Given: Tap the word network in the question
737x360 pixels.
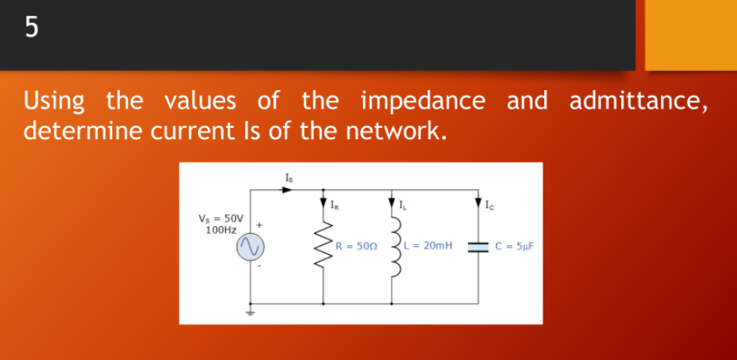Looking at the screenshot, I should [394, 132].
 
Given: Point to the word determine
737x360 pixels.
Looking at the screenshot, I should [81, 132].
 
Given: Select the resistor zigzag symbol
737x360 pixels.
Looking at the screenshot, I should [324, 247].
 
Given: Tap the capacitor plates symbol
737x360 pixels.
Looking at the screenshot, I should [478, 247].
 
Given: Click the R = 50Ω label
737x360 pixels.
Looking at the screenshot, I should [356, 247].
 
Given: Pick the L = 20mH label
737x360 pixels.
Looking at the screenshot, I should [429, 247].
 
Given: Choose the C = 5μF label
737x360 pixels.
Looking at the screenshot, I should [516, 247].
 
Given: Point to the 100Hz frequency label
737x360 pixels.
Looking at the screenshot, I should [220, 229].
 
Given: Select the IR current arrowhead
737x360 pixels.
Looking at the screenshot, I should [324, 205].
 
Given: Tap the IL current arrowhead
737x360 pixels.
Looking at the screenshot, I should [393, 205].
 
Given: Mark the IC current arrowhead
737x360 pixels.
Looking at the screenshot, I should [478, 205].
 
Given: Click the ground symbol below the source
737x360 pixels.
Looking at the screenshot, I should [249, 310].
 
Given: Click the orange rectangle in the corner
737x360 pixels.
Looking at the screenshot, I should [691, 35].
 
